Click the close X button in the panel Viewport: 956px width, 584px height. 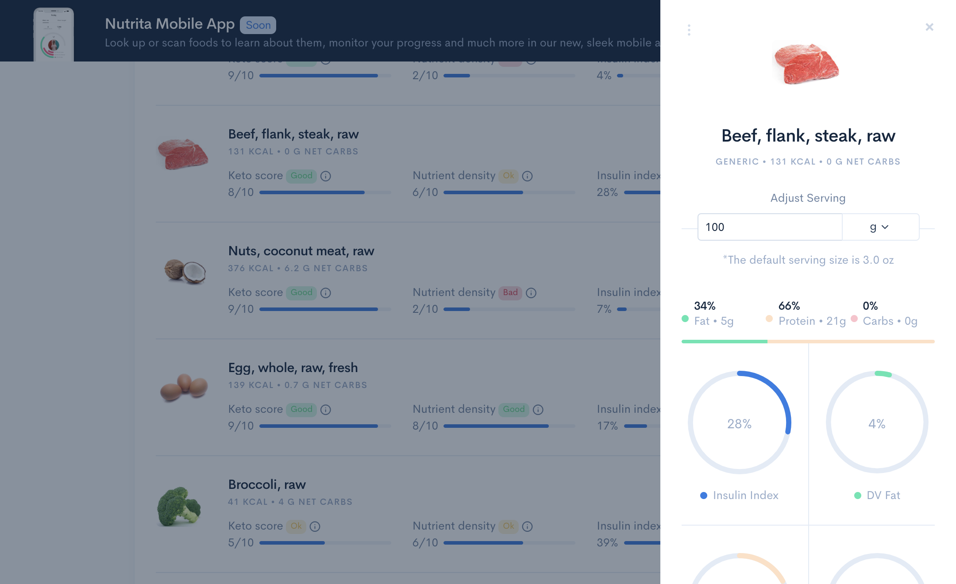coord(929,27)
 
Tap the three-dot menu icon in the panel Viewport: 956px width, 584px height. coord(689,30)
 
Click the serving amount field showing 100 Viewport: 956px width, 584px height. coord(769,227)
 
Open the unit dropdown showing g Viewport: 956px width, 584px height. coord(879,227)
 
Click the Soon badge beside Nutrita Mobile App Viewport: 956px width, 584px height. coord(258,25)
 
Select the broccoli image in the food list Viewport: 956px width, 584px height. coord(179,507)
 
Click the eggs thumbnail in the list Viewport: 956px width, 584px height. coord(184,387)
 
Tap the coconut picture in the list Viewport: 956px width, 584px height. coord(185,271)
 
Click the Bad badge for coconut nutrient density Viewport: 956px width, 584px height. coord(510,292)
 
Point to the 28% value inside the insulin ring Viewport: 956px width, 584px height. coord(739,424)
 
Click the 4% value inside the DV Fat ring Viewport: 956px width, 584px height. coord(877,424)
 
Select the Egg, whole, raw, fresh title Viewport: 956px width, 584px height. coord(293,368)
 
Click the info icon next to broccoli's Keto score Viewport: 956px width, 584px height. coord(315,526)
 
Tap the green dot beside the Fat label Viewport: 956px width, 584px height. coord(685,319)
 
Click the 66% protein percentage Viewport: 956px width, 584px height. coord(789,306)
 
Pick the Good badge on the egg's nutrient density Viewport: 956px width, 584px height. coord(513,409)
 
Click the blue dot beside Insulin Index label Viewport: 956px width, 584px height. coord(704,496)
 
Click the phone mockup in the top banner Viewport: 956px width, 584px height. coord(54,35)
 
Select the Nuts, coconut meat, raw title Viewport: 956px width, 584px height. coord(301,251)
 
